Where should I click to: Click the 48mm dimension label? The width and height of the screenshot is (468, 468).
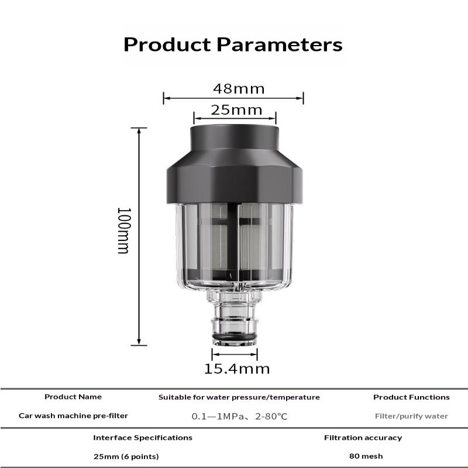tap(239, 89)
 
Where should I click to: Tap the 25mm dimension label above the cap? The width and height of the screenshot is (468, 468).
tap(236, 110)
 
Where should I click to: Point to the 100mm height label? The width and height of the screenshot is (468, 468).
tap(124, 230)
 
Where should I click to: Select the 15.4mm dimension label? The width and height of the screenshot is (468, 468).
tap(237, 369)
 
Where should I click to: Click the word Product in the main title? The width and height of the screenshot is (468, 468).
tap(167, 45)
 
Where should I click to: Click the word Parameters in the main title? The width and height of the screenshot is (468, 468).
tap(280, 45)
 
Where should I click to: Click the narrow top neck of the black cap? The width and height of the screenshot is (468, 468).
tap(235, 137)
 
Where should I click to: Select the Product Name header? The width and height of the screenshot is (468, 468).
tap(73, 397)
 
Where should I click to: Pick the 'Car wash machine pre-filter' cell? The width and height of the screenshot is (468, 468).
tap(73, 416)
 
